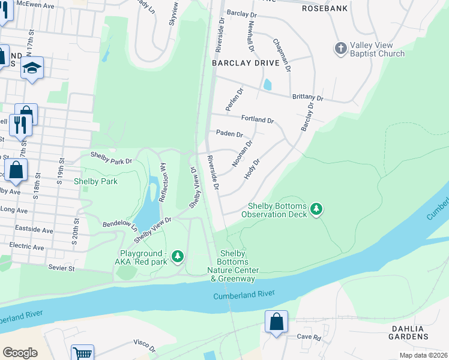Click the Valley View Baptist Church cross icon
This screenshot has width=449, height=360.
pyautogui.click(x=340, y=48)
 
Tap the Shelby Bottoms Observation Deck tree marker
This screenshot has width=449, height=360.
pyautogui.click(x=316, y=210)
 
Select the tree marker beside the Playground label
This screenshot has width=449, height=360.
pyautogui.click(x=177, y=257)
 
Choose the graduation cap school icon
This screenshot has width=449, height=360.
pyautogui.click(x=32, y=68)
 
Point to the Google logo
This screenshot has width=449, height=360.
pyautogui.click(x=20, y=353)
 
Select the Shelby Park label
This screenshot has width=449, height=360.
pyautogui.click(x=95, y=181)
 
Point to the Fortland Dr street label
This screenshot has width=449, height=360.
pyautogui.click(x=258, y=119)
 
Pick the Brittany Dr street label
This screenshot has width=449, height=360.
pyautogui.click(x=307, y=98)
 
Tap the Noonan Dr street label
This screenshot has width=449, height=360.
pyautogui.click(x=243, y=154)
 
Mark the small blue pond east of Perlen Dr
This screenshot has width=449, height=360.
pyautogui.click(x=267, y=85)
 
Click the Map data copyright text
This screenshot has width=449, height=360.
pyautogui.click(x=423, y=355)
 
